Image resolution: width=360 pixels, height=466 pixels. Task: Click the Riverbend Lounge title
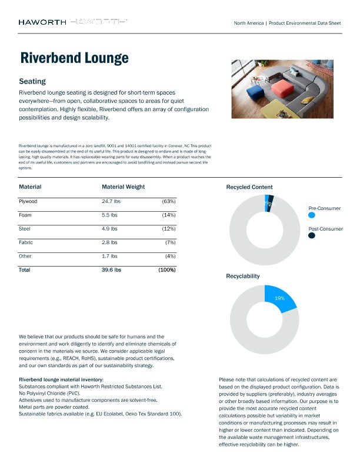[x=74, y=58]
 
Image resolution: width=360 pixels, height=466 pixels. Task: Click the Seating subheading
[x=32, y=81]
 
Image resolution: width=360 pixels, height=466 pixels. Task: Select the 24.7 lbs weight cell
[x=111, y=201]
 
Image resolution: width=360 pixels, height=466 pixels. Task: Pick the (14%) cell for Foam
[x=168, y=215]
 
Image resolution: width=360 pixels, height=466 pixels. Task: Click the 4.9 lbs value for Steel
[x=110, y=228]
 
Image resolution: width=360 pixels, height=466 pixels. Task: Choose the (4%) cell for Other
[x=170, y=256]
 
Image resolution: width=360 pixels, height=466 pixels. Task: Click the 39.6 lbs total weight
[x=111, y=269]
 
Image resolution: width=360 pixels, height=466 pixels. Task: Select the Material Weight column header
[x=123, y=187]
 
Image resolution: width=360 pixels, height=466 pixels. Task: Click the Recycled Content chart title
[x=249, y=187]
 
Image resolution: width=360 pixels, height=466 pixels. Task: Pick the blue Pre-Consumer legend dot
[x=312, y=215]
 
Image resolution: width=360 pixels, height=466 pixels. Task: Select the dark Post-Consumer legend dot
[x=312, y=235]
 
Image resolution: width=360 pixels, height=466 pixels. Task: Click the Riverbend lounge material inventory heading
[x=61, y=380]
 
